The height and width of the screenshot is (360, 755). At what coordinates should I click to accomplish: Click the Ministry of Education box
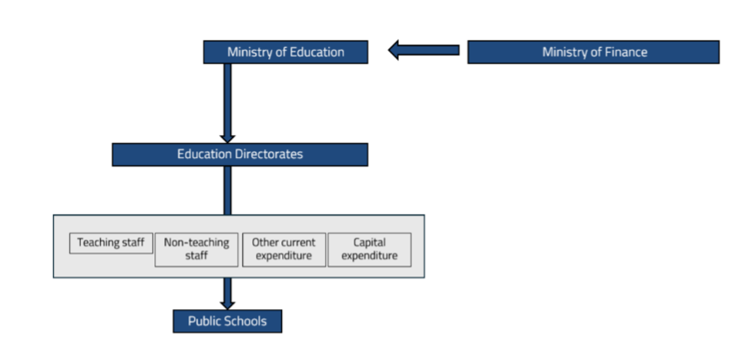pos(285,52)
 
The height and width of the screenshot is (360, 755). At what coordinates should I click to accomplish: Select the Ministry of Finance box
pos(593,52)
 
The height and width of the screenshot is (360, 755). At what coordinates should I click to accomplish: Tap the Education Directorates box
pos(240,154)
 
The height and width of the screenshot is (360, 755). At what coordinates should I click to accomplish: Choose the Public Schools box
pos(227,321)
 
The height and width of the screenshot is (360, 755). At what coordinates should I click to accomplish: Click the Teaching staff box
pos(111,243)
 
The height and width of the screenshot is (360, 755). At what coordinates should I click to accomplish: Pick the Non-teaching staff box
pos(196,249)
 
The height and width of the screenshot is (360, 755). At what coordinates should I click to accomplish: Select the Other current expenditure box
pos(284,249)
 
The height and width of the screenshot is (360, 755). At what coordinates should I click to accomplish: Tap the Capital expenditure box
pos(370,249)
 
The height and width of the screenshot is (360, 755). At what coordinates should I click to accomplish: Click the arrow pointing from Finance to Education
pos(424,51)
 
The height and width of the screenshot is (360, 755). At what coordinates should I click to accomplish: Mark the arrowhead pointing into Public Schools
pos(227,303)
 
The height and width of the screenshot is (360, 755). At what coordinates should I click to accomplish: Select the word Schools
pos(245,321)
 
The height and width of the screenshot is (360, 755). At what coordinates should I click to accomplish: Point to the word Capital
pos(370,242)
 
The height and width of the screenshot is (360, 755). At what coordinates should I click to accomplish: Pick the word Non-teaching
pos(196,242)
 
